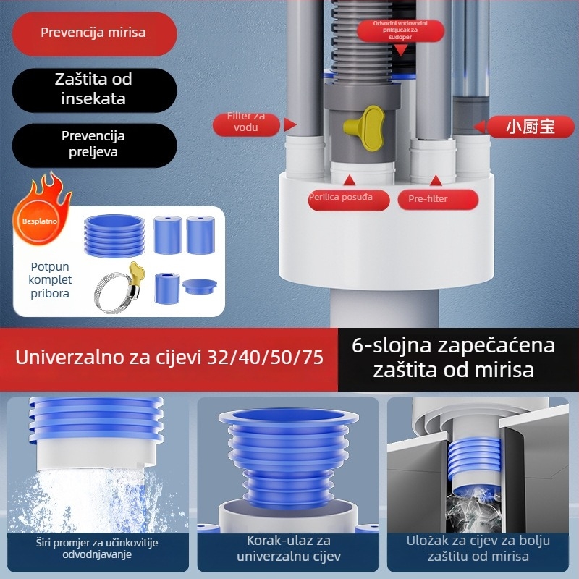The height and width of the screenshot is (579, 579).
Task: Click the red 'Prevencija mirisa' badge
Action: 93,33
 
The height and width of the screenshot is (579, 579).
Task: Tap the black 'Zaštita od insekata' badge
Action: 93,88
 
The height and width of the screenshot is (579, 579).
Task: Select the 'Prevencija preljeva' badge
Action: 93,144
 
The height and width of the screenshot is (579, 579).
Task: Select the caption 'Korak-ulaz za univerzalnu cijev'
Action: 289,549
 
